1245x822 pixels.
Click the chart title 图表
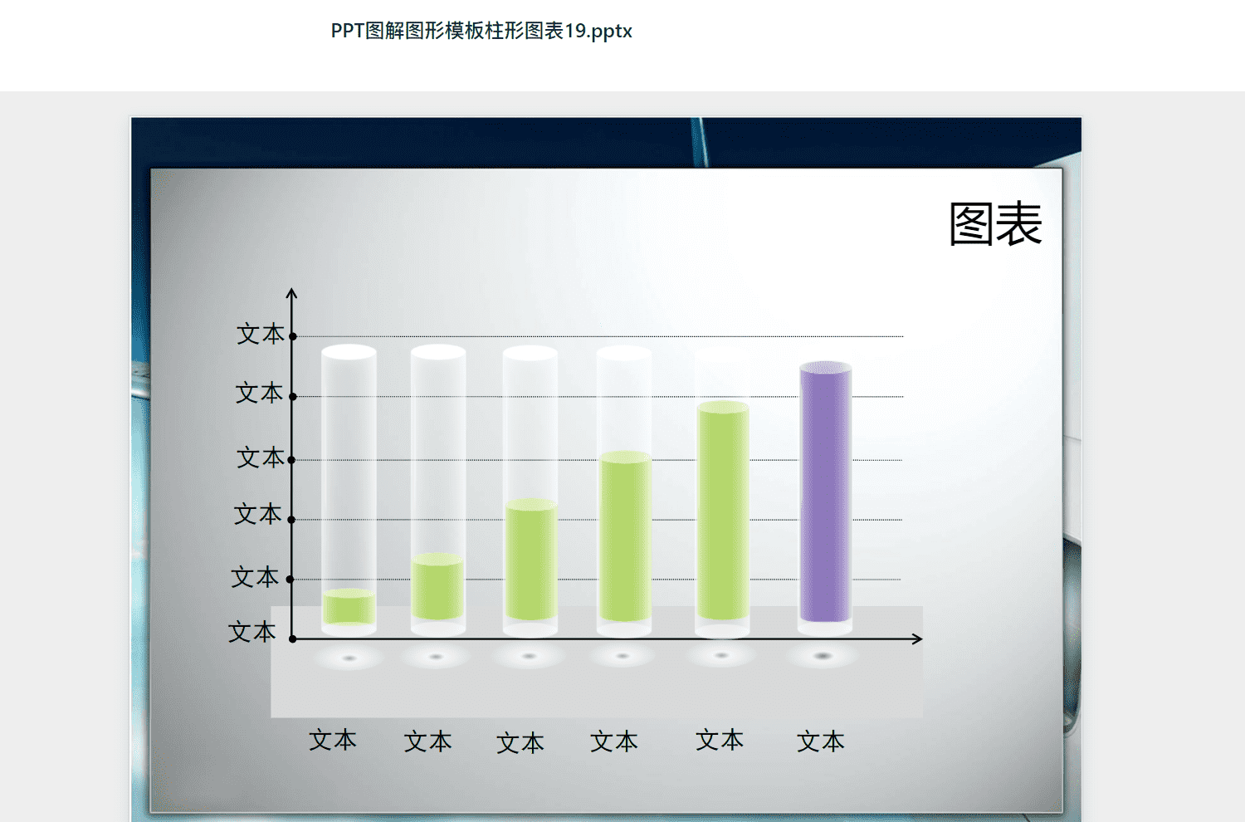(995, 223)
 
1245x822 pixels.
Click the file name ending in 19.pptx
(481, 31)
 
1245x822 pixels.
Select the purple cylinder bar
(825, 492)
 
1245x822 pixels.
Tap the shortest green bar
(349, 607)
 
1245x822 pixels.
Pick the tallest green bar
(723, 510)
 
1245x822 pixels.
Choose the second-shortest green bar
(437, 586)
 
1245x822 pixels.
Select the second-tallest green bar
(625, 536)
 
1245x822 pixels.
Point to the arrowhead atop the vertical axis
(291, 292)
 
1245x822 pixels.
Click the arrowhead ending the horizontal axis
(918, 639)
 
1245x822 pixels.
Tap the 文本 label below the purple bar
(820, 741)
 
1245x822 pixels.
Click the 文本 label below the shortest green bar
(332, 741)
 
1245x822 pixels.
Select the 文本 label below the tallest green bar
(720, 740)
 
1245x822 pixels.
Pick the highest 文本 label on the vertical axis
(260, 334)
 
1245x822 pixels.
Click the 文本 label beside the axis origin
(251, 633)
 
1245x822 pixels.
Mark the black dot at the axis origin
(292, 639)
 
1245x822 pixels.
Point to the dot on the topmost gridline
(293, 336)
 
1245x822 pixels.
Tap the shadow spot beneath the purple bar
(823, 656)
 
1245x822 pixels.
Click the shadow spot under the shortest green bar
(349, 658)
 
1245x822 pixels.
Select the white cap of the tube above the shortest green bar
(349, 352)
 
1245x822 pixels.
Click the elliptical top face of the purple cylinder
(825, 367)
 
